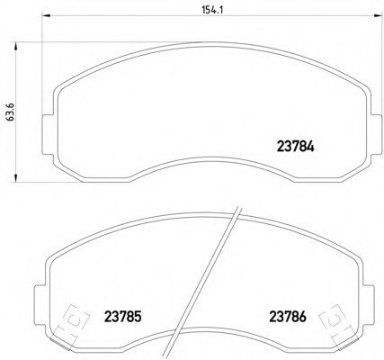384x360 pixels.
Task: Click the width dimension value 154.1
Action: [x=213, y=10]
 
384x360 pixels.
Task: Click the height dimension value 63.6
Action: [x=10, y=112]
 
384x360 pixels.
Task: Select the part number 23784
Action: [x=295, y=147]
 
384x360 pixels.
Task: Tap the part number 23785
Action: [x=122, y=316]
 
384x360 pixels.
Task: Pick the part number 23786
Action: [x=288, y=316]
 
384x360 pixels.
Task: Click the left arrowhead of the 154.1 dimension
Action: [x=45, y=15]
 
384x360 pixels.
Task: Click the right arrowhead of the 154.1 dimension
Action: [x=377, y=15]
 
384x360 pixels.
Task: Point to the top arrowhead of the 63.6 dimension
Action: [x=15, y=46]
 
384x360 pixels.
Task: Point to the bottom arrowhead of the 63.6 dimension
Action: [x=15, y=177]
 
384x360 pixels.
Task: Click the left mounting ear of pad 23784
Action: [x=48, y=135]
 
